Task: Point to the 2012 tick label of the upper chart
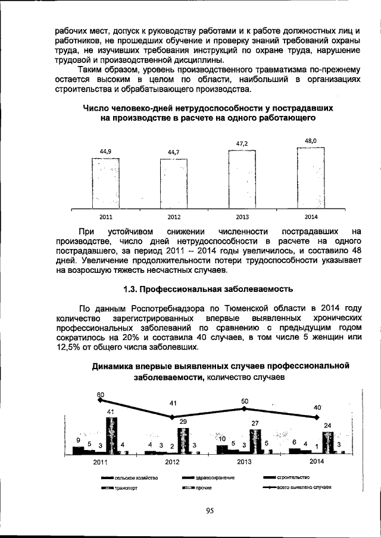pos(174,217)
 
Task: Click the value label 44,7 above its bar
pos(173,152)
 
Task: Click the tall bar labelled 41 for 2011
pos(111,436)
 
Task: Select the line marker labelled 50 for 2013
pos(245,409)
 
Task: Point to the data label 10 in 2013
pos(221,439)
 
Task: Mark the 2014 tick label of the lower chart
pos(317,461)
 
